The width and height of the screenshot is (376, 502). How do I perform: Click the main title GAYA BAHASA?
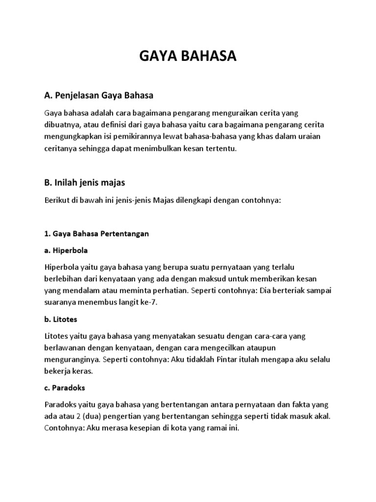(188, 57)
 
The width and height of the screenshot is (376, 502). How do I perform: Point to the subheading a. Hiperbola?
(66, 250)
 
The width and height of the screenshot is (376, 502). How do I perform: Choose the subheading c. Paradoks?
(65, 387)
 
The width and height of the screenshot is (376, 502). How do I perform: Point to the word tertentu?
(220, 148)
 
